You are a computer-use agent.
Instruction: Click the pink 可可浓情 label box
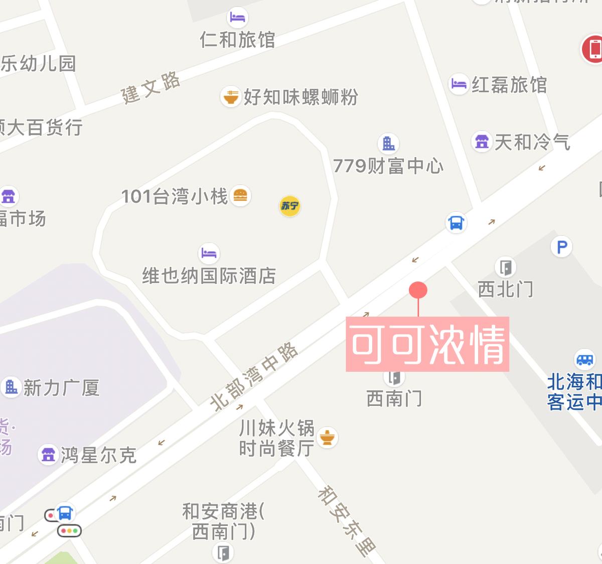pyautogui.click(x=427, y=344)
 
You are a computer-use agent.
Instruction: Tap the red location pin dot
pyautogui.click(x=418, y=290)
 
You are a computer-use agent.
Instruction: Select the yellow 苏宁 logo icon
pyautogui.click(x=289, y=206)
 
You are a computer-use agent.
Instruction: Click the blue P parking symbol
pyautogui.click(x=561, y=247)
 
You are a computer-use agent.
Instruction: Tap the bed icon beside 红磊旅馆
pyautogui.click(x=459, y=83)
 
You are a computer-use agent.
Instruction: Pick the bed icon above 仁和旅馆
pyautogui.click(x=237, y=17)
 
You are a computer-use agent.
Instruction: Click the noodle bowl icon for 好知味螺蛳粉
pyautogui.click(x=231, y=96)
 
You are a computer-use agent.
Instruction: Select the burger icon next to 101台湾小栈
pyautogui.click(x=241, y=195)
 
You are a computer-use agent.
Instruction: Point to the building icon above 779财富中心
pyautogui.click(x=388, y=144)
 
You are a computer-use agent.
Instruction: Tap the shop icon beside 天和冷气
pyautogui.click(x=482, y=142)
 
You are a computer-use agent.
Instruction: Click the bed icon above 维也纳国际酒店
pyautogui.click(x=209, y=253)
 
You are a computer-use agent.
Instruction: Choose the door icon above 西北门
pyautogui.click(x=506, y=267)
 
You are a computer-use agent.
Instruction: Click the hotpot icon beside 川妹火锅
pyautogui.click(x=328, y=438)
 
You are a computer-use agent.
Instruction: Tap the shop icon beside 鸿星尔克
pyautogui.click(x=48, y=455)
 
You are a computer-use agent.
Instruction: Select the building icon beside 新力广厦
pyautogui.click(x=11, y=387)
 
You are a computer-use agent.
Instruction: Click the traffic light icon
pyautogui.click(x=69, y=530)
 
